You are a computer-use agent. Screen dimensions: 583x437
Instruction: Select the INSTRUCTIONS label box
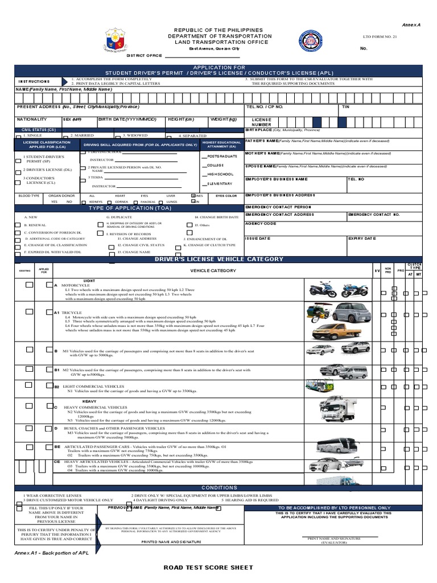click(x=35, y=81)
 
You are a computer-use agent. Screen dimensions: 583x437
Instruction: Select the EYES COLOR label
click(x=226, y=195)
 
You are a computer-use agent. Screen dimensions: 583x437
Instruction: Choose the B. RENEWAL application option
click(x=34, y=225)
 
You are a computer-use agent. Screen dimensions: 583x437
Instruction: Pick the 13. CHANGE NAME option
click(x=134, y=252)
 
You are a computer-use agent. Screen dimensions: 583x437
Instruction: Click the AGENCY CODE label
click(x=261, y=223)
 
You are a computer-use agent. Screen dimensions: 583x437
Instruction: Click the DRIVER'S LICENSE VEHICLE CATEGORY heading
click(x=219, y=260)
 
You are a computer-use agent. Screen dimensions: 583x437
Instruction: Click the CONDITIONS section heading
click(x=219, y=488)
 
